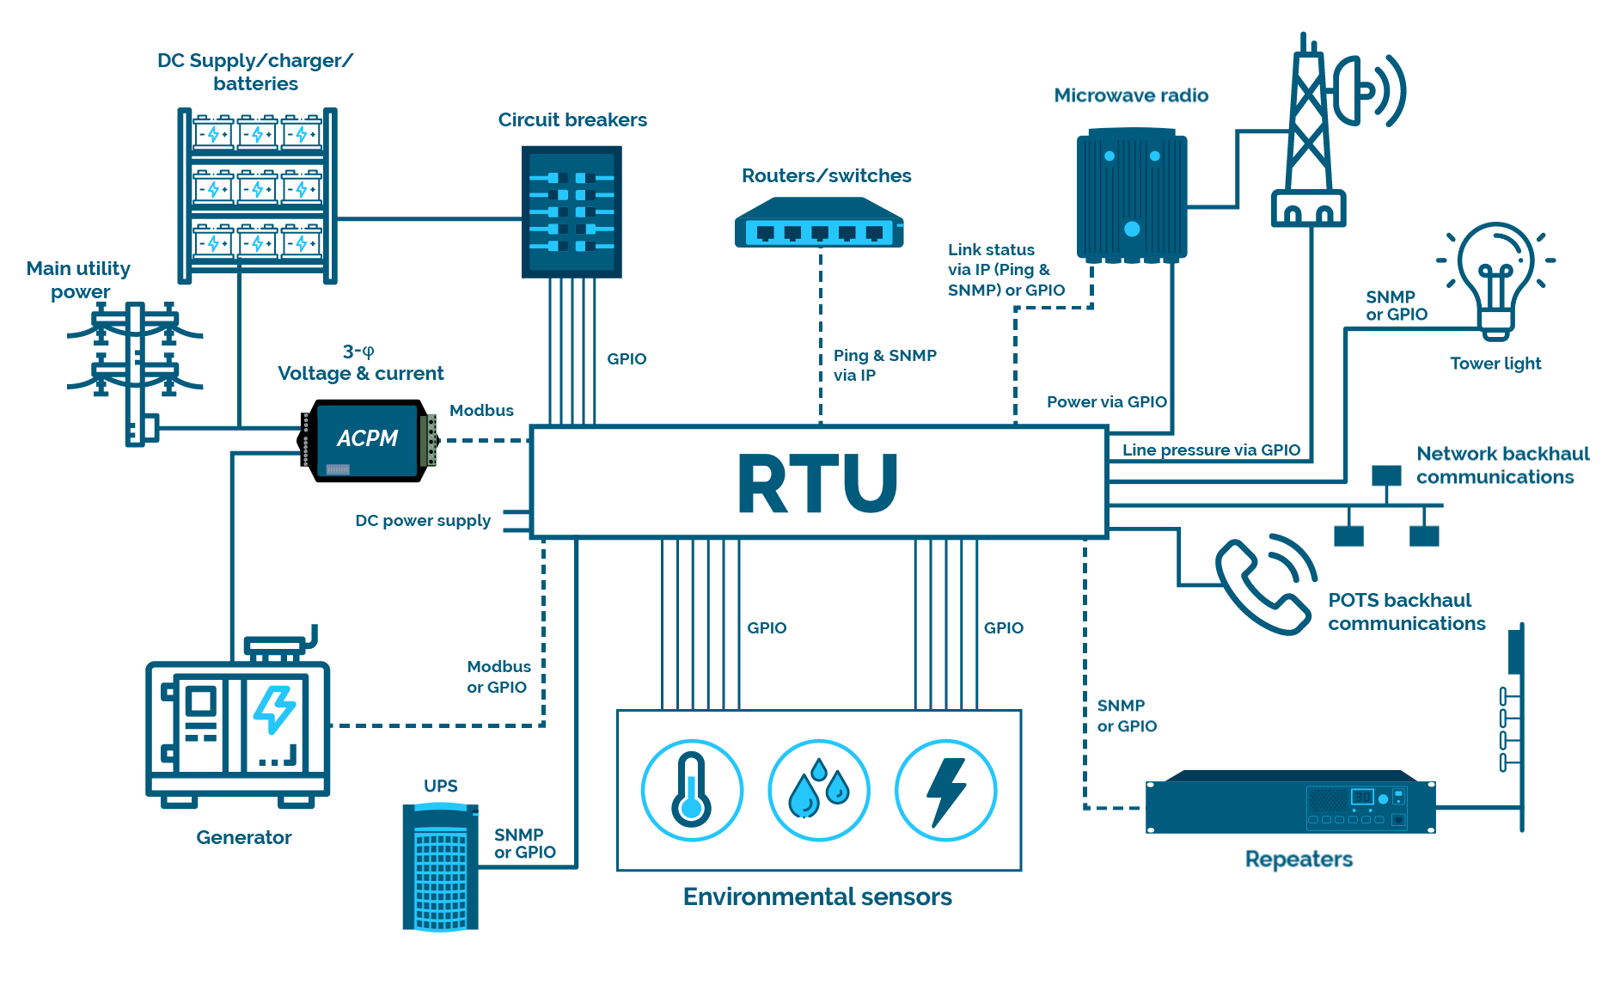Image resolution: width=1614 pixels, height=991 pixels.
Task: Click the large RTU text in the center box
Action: point(817,484)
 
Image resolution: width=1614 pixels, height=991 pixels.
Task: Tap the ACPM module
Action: point(368,440)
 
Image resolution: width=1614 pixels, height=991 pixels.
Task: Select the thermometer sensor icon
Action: point(692,790)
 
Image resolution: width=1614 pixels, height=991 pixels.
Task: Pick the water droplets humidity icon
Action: point(818,790)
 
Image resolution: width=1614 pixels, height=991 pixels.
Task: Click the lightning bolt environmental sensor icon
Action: point(946,790)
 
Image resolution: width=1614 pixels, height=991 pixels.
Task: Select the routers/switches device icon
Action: point(819,223)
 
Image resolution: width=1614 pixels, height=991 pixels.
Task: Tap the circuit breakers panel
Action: point(572,211)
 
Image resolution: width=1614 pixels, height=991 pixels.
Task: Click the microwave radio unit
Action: point(1132,195)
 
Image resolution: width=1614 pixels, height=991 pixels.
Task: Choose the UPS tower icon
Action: point(440,866)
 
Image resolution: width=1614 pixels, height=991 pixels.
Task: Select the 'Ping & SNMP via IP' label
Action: point(884,365)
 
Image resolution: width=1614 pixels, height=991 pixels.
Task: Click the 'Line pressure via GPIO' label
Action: point(1211,450)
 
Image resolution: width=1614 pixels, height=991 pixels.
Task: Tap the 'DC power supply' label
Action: point(423,521)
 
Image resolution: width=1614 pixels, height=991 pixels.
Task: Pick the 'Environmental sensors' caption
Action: point(817,896)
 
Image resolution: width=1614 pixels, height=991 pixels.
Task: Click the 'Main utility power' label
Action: point(79,280)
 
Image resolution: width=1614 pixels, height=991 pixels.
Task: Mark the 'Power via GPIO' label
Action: point(1106,401)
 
